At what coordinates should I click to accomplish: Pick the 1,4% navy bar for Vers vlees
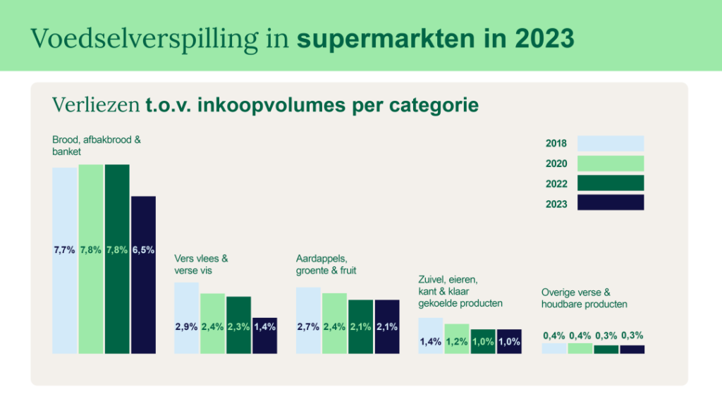pos(264,336)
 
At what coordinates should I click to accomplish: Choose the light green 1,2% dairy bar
pos(457,338)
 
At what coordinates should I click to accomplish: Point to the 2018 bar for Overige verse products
pos(553,348)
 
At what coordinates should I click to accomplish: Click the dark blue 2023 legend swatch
pos(611,203)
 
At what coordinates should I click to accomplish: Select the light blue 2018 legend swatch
pos(611,144)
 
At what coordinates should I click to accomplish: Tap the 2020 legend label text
pos(556,164)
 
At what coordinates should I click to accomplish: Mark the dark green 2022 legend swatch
pos(611,183)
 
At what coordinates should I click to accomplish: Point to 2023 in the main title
pos(544,39)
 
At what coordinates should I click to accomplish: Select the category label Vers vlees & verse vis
pos(202,264)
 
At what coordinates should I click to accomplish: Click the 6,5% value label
pos(143,250)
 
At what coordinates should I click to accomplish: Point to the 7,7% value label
pos(64,250)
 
